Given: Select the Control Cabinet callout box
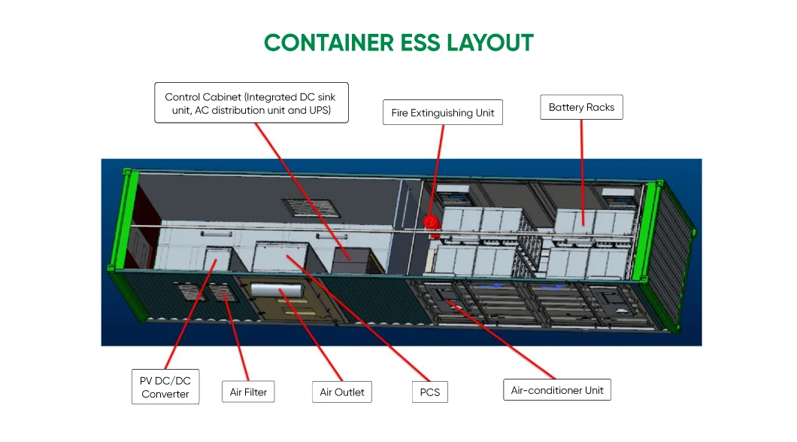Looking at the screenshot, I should pos(251,102).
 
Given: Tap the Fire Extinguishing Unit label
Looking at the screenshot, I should pos(443,113).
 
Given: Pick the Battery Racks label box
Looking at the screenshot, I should pos(581,107).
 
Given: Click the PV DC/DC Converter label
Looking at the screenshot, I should pos(165,387).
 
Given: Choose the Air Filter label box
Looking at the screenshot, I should pos(248,392).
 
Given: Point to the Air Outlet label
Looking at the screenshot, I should pos(342,392).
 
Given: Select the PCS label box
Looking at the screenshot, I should pos(430,392).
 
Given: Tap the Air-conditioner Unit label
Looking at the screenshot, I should pos(557,390).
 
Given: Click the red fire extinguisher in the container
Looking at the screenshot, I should pos(431,223).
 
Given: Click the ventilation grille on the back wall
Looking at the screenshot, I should pos(300,209).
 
